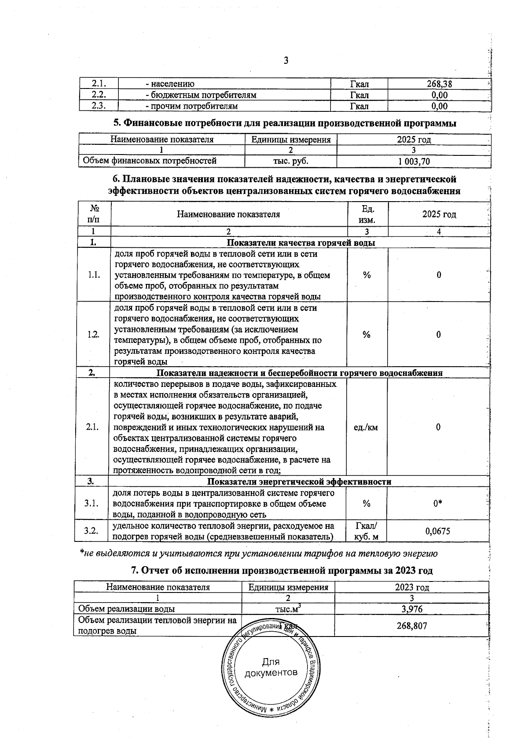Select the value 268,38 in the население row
point(440,84)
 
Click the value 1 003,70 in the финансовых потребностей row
point(414,162)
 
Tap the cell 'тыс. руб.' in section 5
point(291,161)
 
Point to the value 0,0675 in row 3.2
point(438,531)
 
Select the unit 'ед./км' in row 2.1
point(366,427)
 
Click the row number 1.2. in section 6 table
point(93,335)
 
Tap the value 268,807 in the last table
point(411,626)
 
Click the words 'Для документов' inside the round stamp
point(271,668)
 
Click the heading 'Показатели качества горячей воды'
point(301,243)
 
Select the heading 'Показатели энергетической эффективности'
point(299,482)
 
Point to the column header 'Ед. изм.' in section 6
point(367,214)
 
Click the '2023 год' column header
point(412,587)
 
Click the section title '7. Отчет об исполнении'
point(282,570)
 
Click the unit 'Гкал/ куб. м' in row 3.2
point(366,531)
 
